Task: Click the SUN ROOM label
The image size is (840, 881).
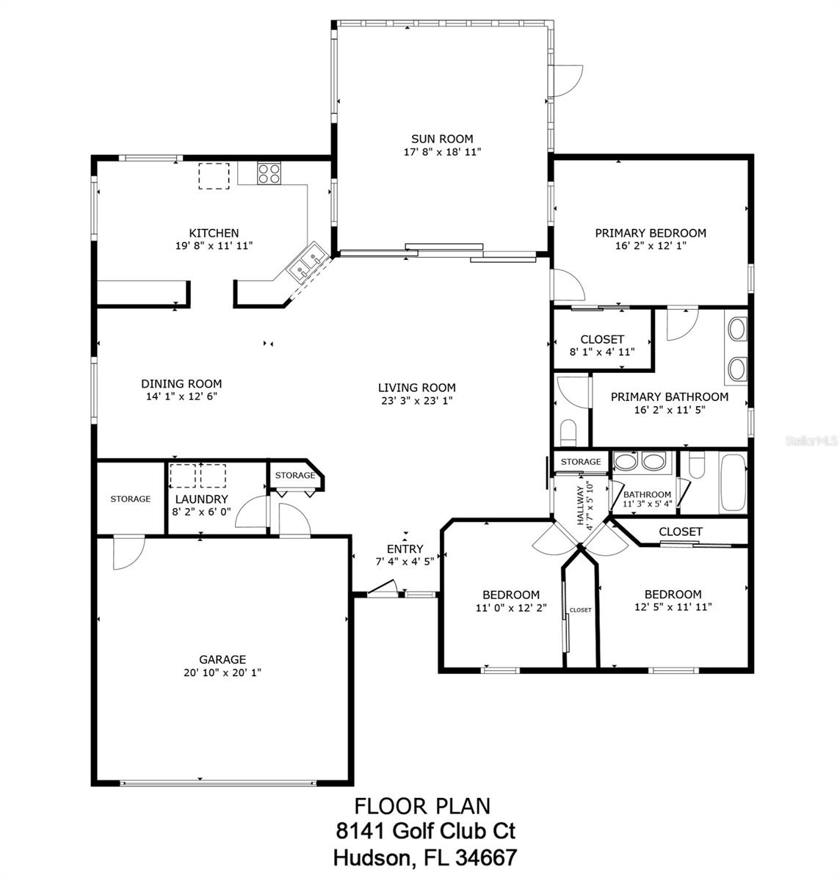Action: [441, 139]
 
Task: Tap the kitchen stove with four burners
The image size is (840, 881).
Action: [268, 173]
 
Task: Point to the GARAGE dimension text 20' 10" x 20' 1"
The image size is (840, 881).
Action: [222, 672]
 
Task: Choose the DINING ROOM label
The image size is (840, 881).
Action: [181, 383]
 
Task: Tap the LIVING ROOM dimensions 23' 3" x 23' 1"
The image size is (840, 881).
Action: [416, 401]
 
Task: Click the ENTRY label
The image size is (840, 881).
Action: [405, 548]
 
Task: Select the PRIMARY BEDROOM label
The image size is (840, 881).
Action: [650, 233]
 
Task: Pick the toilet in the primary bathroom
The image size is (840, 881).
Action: [569, 431]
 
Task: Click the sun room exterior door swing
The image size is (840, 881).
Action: [568, 80]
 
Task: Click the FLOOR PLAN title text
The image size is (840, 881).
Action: [422, 806]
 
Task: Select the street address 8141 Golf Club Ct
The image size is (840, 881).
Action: [425, 831]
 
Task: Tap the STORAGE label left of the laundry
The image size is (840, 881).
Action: [131, 499]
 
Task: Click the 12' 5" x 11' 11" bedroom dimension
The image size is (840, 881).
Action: [673, 607]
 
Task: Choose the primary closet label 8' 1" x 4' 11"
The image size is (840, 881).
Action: [602, 352]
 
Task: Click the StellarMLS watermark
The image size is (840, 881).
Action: [811, 441]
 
